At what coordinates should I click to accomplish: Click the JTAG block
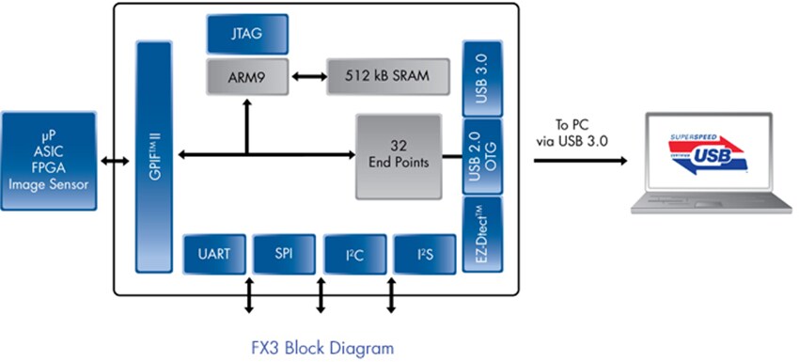(247, 34)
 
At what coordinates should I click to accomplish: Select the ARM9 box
(247, 75)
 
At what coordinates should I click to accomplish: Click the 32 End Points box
(399, 156)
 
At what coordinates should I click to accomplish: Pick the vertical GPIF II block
(155, 155)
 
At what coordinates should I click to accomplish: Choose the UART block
(214, 253)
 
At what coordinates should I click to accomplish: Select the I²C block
(350, 253)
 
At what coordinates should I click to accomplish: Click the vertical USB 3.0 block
(480, 78)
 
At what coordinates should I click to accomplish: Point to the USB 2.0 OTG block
(480, 156)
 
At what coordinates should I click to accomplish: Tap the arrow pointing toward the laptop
(581, 160)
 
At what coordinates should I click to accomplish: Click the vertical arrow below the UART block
(248, 295)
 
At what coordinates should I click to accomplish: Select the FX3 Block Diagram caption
(322, 347)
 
